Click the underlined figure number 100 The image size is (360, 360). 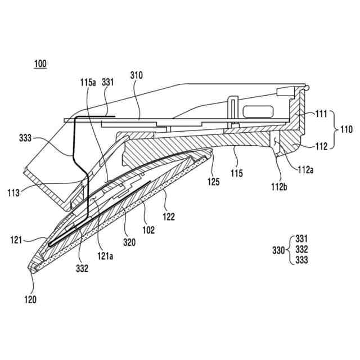point(40,64)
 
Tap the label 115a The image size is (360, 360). point(88,82)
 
